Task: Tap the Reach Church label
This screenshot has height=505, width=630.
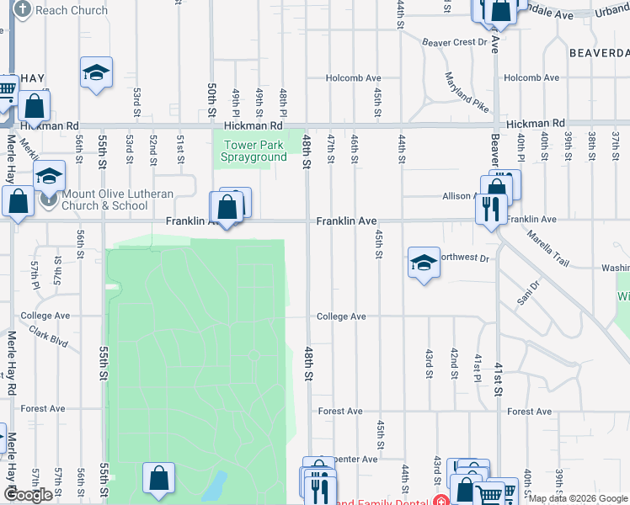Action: click(61, 10)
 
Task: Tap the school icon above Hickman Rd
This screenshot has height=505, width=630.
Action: click(96, 72)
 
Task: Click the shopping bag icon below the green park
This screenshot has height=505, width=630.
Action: click(158, 479)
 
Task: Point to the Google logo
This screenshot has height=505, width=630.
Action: click(28, 495)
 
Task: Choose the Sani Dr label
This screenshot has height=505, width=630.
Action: click(526, 297)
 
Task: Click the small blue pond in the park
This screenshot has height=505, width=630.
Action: click(216, 486)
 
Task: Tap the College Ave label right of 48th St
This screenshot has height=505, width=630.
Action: click(341, 316)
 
